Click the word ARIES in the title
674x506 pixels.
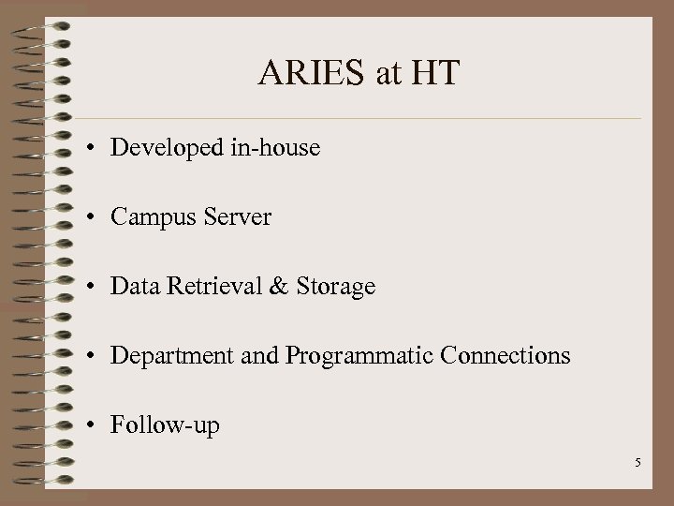point(313,73)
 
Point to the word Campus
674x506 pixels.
point(148,217)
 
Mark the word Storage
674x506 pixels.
point(334,287)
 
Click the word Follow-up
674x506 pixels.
point(165,426)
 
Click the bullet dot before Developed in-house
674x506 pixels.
point(95,149)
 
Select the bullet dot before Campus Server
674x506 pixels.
point(95,218)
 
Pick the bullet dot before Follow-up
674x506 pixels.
point(95,426)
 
